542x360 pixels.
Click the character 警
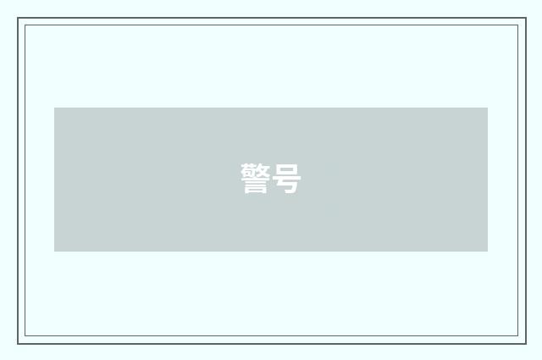click(x=256, y=179)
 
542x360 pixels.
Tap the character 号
click(x=286, y=179)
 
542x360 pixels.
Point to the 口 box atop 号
click(x=286, y=169)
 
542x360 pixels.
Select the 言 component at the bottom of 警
click(x=256, y=186)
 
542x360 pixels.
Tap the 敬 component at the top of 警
click(x=256, y=170)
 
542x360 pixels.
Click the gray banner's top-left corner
click(x=54, y=108)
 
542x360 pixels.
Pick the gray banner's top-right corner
click(x=488, y=108)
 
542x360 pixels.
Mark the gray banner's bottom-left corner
click(x=54, y=252)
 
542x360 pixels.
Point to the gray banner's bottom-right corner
click(x=488, y=252)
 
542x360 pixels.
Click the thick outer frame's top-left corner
click(x=18, y=18)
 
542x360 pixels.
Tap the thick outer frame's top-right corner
click(x=526, y=18)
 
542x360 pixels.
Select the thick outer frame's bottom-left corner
click(x=18, y=344)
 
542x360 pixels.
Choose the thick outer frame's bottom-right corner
click(x=526, y=344)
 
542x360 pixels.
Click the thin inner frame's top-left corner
click(x=25, y=25)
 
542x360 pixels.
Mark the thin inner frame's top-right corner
click(x=518, y=25)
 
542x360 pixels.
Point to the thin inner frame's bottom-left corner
click(x=25, y=335)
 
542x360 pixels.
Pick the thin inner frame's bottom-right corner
click(x=518, y=335)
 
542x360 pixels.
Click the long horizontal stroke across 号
click(x=286, y=179)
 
